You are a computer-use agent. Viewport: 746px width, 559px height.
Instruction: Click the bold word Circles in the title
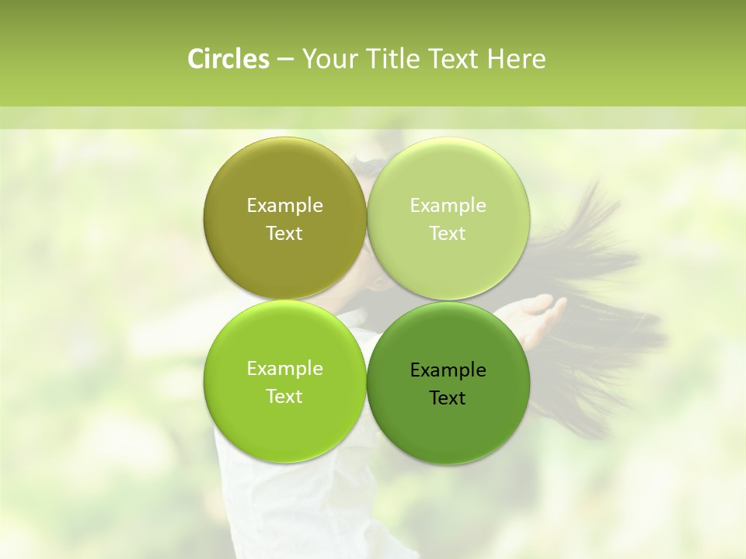click(x=228, y=59)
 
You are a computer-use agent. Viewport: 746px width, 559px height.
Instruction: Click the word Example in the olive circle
click(x=284, y=205)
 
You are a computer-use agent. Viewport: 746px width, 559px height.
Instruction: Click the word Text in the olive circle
click(x=284, y=233)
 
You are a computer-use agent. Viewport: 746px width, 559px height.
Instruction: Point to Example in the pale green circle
click(x=448, y=205)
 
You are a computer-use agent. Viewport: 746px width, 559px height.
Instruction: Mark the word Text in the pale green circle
click(x=448, y=233)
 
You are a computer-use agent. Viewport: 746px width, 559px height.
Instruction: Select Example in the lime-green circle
click(x=284, y=368)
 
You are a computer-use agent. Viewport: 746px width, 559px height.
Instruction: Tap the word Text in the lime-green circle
click(x=284, y=396)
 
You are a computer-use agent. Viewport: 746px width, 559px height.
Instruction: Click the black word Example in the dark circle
click(x=448, y=370)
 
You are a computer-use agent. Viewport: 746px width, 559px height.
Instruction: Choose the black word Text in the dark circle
click(x=448, y=398)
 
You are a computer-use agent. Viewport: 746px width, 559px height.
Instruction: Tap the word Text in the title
click(x=455, y=59)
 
